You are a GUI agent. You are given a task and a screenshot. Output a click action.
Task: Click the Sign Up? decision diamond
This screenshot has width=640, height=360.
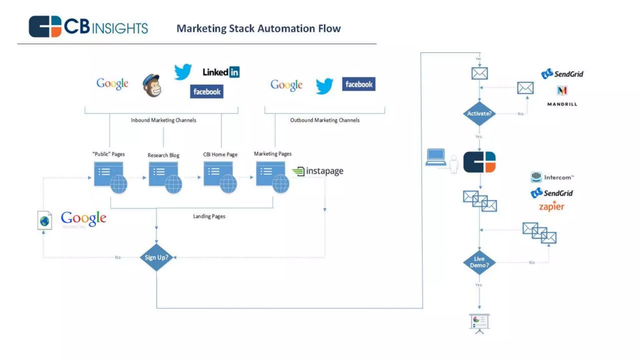click(x=156, y=257)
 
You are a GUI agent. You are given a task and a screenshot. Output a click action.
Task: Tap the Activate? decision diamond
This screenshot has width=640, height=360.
click(x=479, y=113)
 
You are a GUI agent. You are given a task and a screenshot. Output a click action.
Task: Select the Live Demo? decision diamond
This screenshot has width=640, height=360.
click(x=479, y=262)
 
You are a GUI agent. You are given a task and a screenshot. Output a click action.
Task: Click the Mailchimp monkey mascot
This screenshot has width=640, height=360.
click(x=152, y=86)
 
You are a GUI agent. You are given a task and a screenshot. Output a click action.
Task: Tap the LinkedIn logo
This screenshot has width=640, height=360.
click(x=221, y=72)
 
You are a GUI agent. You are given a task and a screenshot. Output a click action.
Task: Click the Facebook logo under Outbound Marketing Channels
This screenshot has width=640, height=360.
click(x=358, y=84)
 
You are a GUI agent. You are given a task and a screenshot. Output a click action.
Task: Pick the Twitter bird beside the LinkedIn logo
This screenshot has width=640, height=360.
click(x=183, y=72)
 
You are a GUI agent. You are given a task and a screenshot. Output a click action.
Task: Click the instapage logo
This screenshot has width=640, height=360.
click(x=318, y=171)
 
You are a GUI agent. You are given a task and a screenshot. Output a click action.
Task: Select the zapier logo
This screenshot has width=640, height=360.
click(x=552, y=207)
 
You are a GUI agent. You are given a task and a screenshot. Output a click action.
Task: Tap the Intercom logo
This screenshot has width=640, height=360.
click(x=552, y=177)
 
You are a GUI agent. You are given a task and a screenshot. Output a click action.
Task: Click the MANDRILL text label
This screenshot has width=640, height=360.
click(x=562, y=104)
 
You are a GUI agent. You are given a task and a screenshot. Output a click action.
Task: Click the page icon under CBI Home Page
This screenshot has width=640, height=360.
click(x=220, y=177)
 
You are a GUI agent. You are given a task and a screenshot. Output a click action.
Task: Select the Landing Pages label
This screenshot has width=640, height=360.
click(x=209, y=216)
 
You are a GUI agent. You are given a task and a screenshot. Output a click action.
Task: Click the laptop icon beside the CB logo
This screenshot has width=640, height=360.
click(x=436, y=157)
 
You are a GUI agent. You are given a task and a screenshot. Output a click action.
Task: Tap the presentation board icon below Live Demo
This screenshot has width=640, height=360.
click(x=479, y=323)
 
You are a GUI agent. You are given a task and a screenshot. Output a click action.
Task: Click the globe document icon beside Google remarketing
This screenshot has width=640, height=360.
click(x=45, y=220)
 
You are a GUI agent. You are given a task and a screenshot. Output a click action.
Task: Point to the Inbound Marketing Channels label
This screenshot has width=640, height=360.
click(x=163, y=120)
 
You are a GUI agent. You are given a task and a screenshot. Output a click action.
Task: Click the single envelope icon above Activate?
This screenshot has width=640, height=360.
click(x=479, y=73)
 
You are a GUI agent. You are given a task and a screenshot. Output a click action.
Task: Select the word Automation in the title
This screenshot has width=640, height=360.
click(x=286, y=28)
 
